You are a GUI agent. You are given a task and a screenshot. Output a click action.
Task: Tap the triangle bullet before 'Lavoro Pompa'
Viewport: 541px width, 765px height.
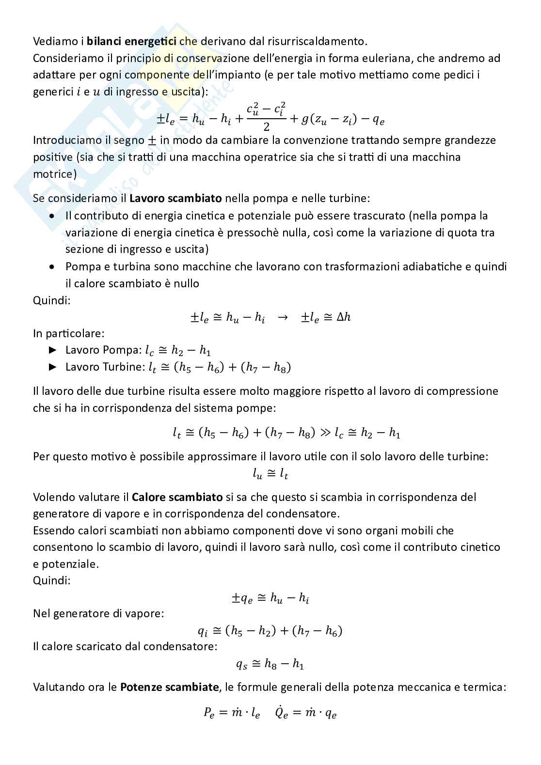click(53, 350)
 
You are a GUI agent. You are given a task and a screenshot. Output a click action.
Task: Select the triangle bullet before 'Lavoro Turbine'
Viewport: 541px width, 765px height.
click(53, 367)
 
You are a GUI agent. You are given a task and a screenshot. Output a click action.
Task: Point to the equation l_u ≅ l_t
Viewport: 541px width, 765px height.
click(270, 474)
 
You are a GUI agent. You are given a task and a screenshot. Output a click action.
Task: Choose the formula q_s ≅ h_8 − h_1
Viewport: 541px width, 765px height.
click(270, 664)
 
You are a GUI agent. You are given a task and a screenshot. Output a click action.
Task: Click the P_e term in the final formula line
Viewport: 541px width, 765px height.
click(210, 713)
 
